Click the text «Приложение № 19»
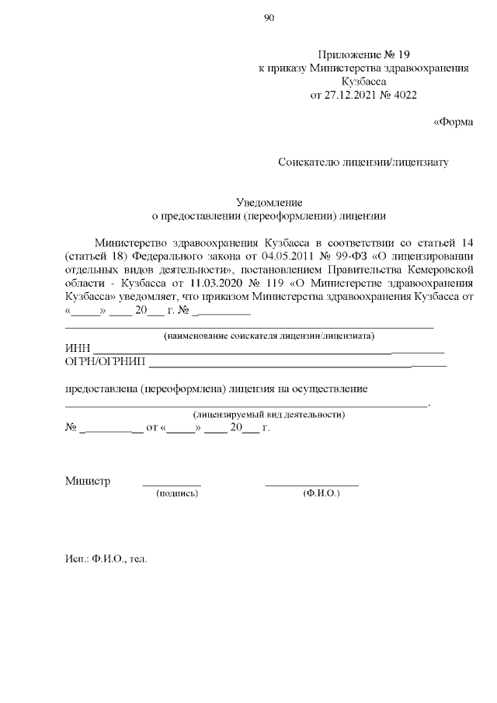click(363, 54)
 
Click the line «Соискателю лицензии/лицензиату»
click(363, 162)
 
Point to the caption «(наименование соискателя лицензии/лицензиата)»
click(268, 336)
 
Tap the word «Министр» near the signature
click(87, 481)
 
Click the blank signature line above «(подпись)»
click(172, 485)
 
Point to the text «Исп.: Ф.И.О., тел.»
click(106, 559)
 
